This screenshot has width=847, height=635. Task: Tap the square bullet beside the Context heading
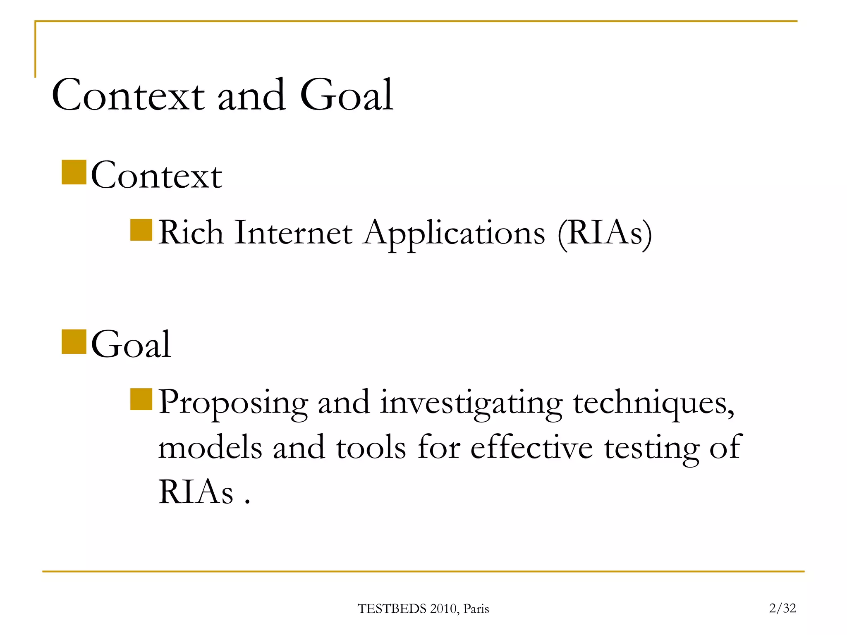point(74,172)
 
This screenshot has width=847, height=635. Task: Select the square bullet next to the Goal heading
point(74,341)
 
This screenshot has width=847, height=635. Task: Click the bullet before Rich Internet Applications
point(141,230)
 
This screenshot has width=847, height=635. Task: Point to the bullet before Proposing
point(141,399)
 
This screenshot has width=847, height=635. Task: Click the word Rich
point(191,232)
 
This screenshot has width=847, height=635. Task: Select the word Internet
point(293,232)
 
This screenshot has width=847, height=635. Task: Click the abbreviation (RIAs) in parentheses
point(604,233)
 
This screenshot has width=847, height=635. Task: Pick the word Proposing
point(233,403)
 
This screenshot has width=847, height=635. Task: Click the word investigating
point(471,403)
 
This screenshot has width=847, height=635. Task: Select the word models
point(210,447)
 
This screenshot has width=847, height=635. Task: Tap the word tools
point(371,447)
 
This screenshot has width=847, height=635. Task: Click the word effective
point(531,447)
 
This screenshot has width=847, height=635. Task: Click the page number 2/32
point(782,608)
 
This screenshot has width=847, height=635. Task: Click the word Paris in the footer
point(476,609)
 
